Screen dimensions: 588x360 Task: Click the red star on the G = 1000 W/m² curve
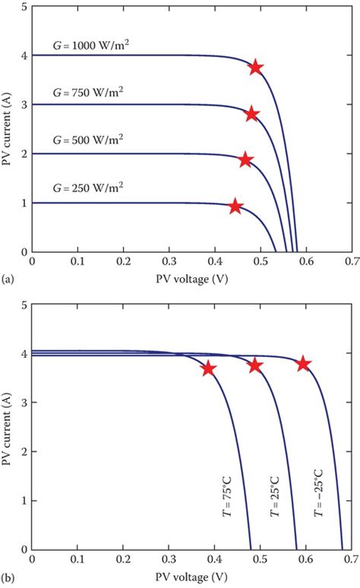point(255,68)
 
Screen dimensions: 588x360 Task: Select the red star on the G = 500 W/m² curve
point(245,160)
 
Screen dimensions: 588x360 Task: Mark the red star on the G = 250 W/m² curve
point(235,207)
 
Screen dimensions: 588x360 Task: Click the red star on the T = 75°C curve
point(208,368)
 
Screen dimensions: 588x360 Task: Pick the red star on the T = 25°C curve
point(255,365)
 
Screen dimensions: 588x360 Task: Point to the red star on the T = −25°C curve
point(303,364)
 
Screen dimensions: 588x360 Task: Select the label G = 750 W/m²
point(87,93)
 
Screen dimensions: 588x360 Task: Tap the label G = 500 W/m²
point(87,141)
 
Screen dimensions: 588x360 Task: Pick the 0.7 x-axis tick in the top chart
point(350,262)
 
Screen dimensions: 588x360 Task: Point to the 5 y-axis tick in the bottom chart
point(23,305)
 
